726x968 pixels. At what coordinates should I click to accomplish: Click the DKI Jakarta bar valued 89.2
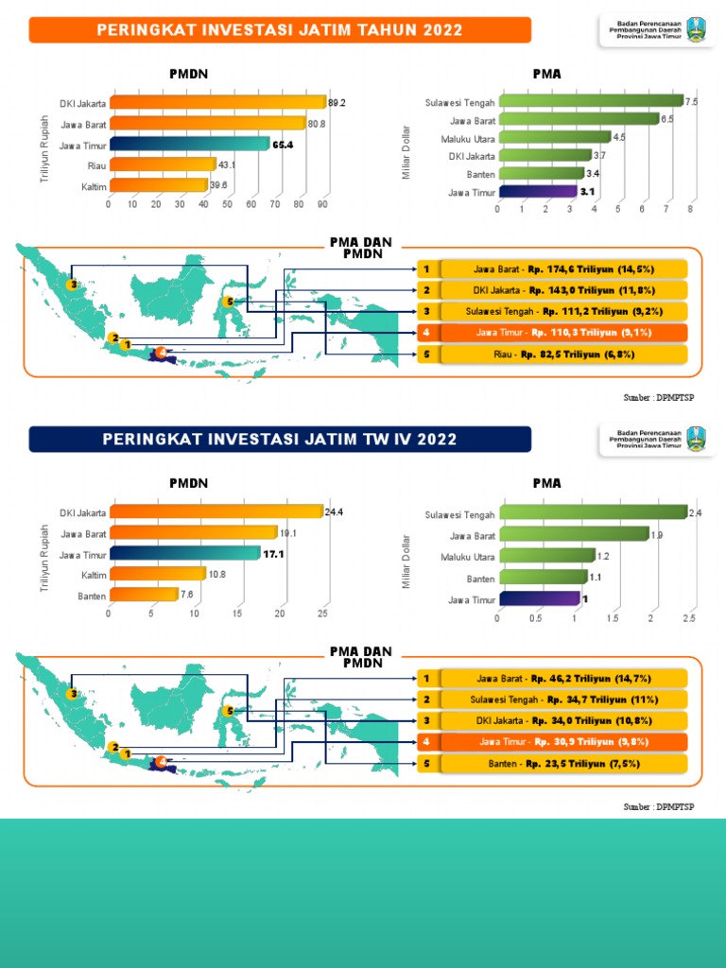coord(216,102)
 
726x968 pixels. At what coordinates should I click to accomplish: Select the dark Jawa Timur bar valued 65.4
coord(189,144)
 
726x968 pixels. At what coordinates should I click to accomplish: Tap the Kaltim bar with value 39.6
coord(158,185)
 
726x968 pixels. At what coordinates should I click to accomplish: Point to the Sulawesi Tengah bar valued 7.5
coord(590,101)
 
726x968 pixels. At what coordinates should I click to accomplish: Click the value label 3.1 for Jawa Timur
coord(587,192)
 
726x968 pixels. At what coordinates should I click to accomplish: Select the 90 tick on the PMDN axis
coord(323,204)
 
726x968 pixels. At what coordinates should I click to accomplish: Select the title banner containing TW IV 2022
coord(280,440)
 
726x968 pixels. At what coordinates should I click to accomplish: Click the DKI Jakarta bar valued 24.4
coord(216,512)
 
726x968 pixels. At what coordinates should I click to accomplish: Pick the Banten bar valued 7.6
coord(143,595)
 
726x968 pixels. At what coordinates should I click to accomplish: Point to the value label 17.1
coord(273,554)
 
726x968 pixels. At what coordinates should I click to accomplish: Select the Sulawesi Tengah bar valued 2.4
coord(593,513)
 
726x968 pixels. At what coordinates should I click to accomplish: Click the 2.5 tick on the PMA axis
coord(688,618)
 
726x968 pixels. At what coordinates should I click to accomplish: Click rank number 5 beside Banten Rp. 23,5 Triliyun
coord(427,763)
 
